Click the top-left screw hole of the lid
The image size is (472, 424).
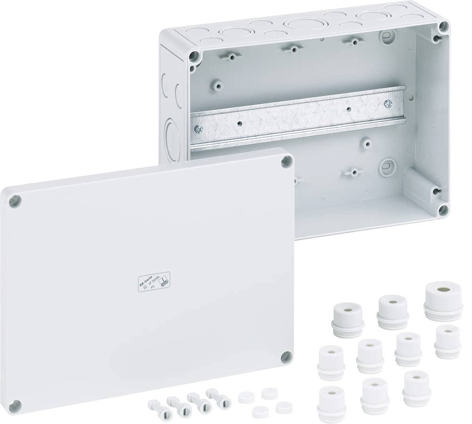[x=15, y=201]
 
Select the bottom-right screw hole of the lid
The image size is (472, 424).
[x=286, y=357]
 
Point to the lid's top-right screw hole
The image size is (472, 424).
[x=286, y=163]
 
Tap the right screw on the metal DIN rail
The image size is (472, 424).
[x=388, y=103]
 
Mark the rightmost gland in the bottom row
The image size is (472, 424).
[x=416, y=388]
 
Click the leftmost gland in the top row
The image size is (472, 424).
[x=348, y=319]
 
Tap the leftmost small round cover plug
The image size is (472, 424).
[x=246, y=397]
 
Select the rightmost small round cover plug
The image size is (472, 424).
[x=284, y=407]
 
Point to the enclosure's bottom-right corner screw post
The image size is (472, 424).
[x=442, y=210]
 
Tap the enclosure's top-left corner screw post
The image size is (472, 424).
[x=193, y=57]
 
